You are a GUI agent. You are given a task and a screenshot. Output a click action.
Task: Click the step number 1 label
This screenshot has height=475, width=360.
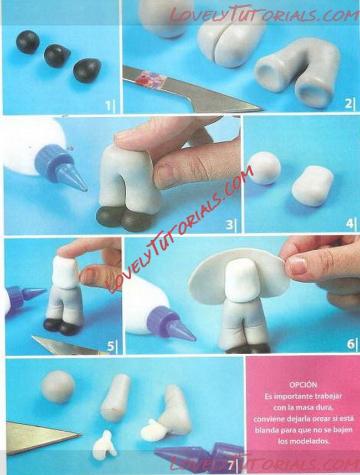[108, 106]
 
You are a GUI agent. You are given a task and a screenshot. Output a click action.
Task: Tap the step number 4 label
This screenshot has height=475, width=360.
[349, 224]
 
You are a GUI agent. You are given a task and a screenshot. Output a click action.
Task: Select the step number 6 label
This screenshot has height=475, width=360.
[350, 344]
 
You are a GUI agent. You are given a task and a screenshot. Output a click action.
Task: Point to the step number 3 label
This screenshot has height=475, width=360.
[229, 224]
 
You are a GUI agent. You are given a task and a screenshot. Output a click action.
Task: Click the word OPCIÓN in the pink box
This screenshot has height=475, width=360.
[303, 385]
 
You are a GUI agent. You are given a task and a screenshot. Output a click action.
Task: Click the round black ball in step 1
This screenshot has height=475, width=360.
[28, 42]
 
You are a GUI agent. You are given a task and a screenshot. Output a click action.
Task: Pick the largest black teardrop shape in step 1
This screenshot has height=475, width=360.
[88, 70]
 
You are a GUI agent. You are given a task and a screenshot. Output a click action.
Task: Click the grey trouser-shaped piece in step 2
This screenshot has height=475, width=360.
[299, 73]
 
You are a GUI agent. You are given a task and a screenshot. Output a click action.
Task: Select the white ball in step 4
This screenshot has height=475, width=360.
[265, 168]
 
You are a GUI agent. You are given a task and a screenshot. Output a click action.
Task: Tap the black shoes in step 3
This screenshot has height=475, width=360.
[125, 218]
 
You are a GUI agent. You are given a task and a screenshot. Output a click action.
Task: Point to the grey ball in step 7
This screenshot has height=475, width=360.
[58, 387]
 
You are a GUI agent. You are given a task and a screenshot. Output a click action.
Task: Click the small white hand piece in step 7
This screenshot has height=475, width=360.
[105, 443]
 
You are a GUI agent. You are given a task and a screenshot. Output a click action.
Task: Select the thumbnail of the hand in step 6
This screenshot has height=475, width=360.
[298, 265]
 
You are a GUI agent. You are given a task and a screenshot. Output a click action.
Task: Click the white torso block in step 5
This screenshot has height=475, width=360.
[66, 272]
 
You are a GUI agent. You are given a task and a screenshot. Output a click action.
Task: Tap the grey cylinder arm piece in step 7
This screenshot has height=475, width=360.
[115, 397]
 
